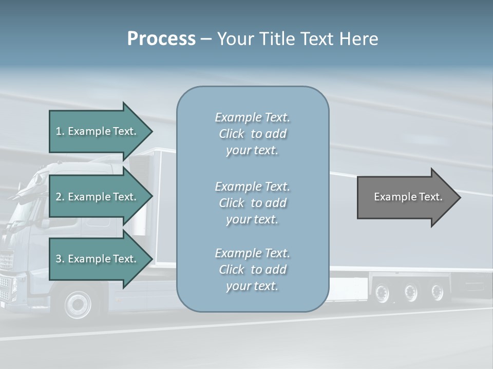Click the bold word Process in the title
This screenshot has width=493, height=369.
tap(161, 39)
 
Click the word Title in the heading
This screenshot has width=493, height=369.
tap(277, 39)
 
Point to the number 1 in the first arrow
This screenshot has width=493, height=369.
tap(59, 131)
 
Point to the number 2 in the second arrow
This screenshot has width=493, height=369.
tap(59, 197)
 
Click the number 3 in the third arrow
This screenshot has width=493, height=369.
tap(59, 259)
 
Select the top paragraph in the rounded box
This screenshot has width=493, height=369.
tap(252, 134)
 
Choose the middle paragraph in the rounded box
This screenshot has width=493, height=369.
tap(252, 203)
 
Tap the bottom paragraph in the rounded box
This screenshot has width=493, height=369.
tap(252, 270)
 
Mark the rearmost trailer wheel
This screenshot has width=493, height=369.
tap(437, 292)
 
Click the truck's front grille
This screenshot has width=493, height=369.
tap(6, 261)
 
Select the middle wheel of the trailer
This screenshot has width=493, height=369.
tap(410, 292)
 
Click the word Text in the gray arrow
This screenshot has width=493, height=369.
tap(431, 197)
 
